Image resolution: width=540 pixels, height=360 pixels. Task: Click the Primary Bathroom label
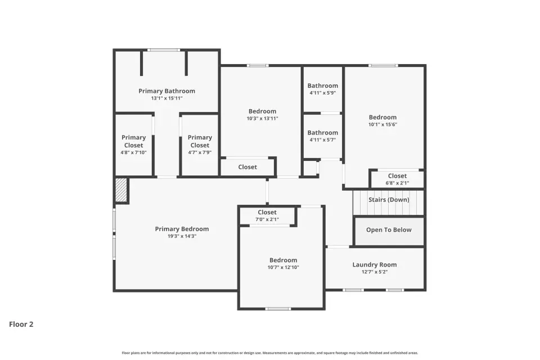pyautogui.click(x=166, y=91)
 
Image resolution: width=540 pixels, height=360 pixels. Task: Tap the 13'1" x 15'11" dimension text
pyautogui.click(x=166, y=98)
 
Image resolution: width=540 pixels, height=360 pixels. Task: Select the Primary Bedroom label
pyautogui.click(x=182, y=229)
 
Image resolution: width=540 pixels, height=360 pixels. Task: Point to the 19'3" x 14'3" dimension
pyautogui.click(x=182, y=236)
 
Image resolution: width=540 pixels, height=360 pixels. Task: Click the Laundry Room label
pyautogui.click(x=375, y=264)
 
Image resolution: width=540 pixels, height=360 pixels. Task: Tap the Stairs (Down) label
pyautogui.click(x=389, y=200)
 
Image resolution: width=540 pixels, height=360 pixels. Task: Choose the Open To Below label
pyautogui.click(x=389, y=229)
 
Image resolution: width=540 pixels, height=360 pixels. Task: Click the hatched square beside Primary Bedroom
pyautogui.click(x=121, y=190)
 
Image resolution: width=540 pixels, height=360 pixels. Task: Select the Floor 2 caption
pyautogui.click(x=21, y=324)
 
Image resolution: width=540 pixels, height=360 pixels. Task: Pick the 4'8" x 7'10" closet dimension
pyautogui.click(x=134, y=152)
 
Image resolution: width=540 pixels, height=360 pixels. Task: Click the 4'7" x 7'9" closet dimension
pyautogui.click(x=200, y=152)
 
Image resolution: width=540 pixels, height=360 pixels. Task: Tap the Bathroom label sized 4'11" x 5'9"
pyautogui.click(x=323, y=85)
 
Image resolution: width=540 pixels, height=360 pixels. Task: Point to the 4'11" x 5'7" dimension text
pyautogui.click(x=323, y=140)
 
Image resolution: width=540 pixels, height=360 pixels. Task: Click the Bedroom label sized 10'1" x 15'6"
pyautogui.click(x=382, y=118)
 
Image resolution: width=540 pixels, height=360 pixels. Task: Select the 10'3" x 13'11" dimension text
pyautogui.click(x=263, y=119)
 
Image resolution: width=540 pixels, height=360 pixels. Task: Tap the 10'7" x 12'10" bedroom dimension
pyautogui.click(x=283, y=267)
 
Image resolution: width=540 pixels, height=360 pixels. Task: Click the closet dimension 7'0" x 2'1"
pyautogui.click(x=267, y=219)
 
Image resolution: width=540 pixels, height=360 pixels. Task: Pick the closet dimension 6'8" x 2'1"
pyautogui.click(x=398, y=183)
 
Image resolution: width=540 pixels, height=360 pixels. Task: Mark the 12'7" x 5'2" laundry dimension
pyautogui.click(x=375, y=272)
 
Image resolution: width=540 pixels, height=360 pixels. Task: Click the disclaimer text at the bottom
pyautogui.click(x=270, y=353)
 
